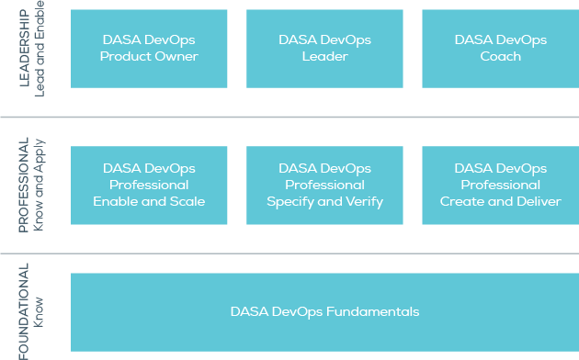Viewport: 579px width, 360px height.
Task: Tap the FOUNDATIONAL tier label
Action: [24, 312]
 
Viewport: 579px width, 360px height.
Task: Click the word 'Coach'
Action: [500, 56]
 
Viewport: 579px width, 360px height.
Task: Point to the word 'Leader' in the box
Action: [324, 56]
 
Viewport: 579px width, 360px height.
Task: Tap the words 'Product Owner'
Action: [149, 56]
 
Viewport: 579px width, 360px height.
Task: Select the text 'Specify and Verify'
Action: [324, 202]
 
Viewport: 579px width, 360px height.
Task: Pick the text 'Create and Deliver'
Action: [500, 202]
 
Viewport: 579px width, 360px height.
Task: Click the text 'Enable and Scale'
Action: [149, 202]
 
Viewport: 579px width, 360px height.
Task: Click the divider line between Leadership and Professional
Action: [289, 117]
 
